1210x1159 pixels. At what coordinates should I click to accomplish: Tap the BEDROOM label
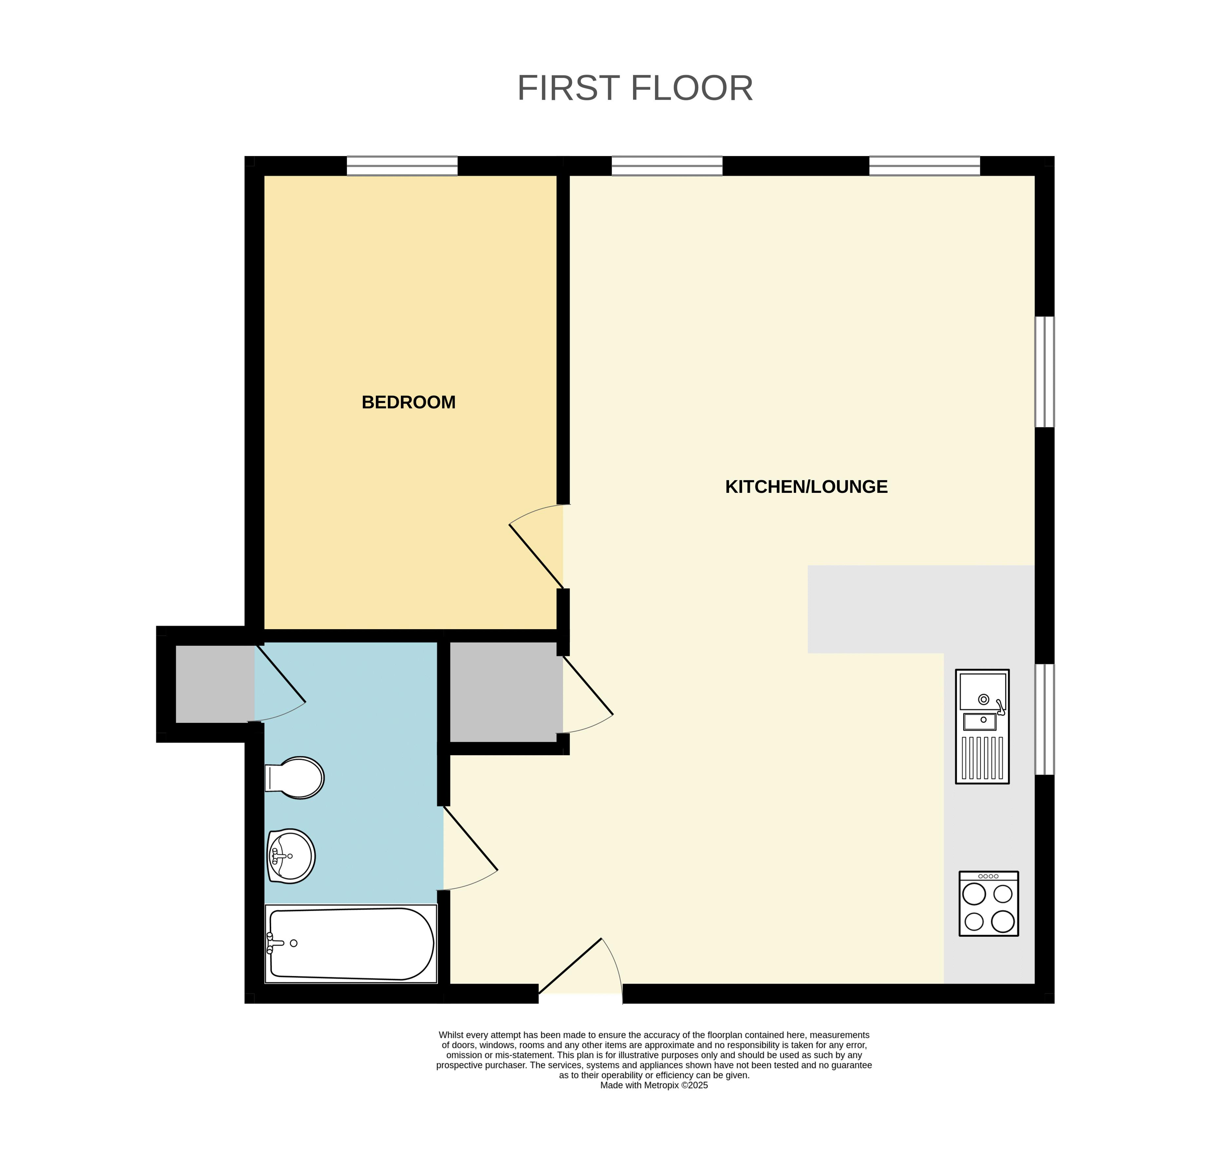pyautogui.click(x=409, y=402)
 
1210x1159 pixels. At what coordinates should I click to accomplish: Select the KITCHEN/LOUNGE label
pyautogui.click(x=806, y=487)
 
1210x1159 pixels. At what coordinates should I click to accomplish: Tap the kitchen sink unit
pyautogui.click(x=982, y=726)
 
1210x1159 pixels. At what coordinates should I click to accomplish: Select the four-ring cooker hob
pyautogui.click(x=988, y=903)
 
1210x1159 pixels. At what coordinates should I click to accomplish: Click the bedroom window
pyautogui.click(x=402, y=166)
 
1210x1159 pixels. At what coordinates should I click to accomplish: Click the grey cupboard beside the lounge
pyautogui.click(x=506, y=692)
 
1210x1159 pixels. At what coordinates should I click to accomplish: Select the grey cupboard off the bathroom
pyautogui.click(x=215, y=684)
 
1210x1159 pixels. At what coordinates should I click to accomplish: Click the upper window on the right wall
pyautogui.click(x=1044, y=372)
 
